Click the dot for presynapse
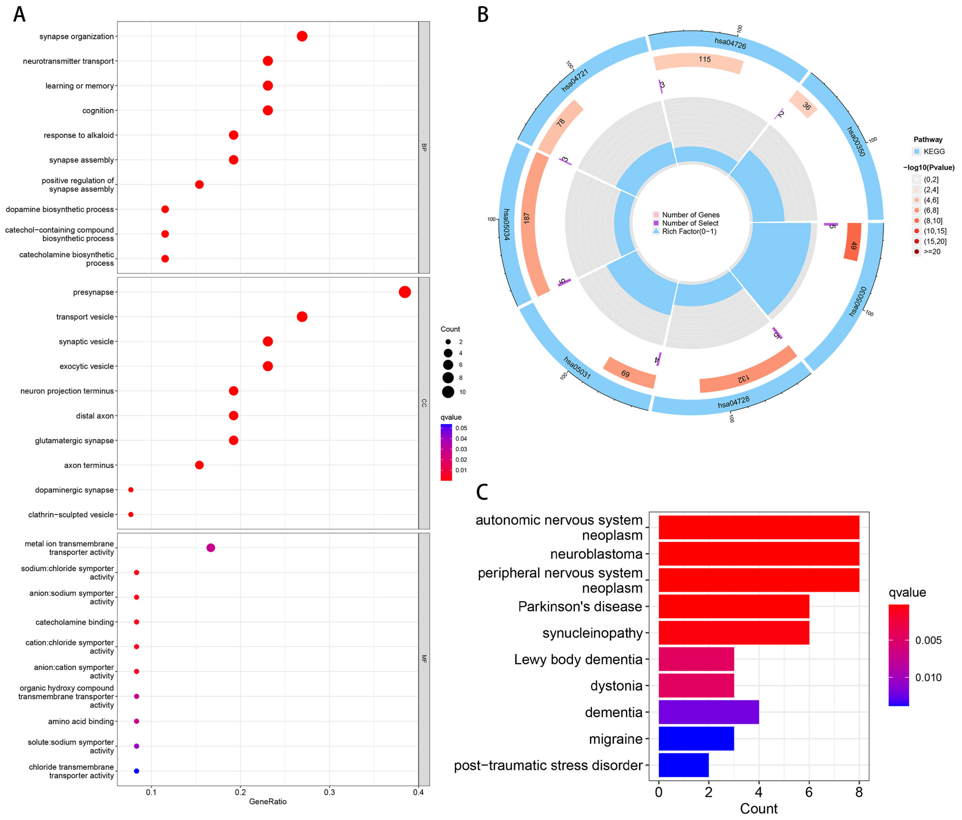pos(404,292)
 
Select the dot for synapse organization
pos(302,36)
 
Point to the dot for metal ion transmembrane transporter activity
pos(210,548)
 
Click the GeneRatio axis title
pos(268,802)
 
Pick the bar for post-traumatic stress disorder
pos(683,765)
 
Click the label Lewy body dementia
pos(578,660)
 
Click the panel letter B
pos(483,15)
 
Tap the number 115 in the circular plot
pos(704,59)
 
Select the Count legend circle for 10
pos(448,392)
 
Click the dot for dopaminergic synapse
pos(131,489)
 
